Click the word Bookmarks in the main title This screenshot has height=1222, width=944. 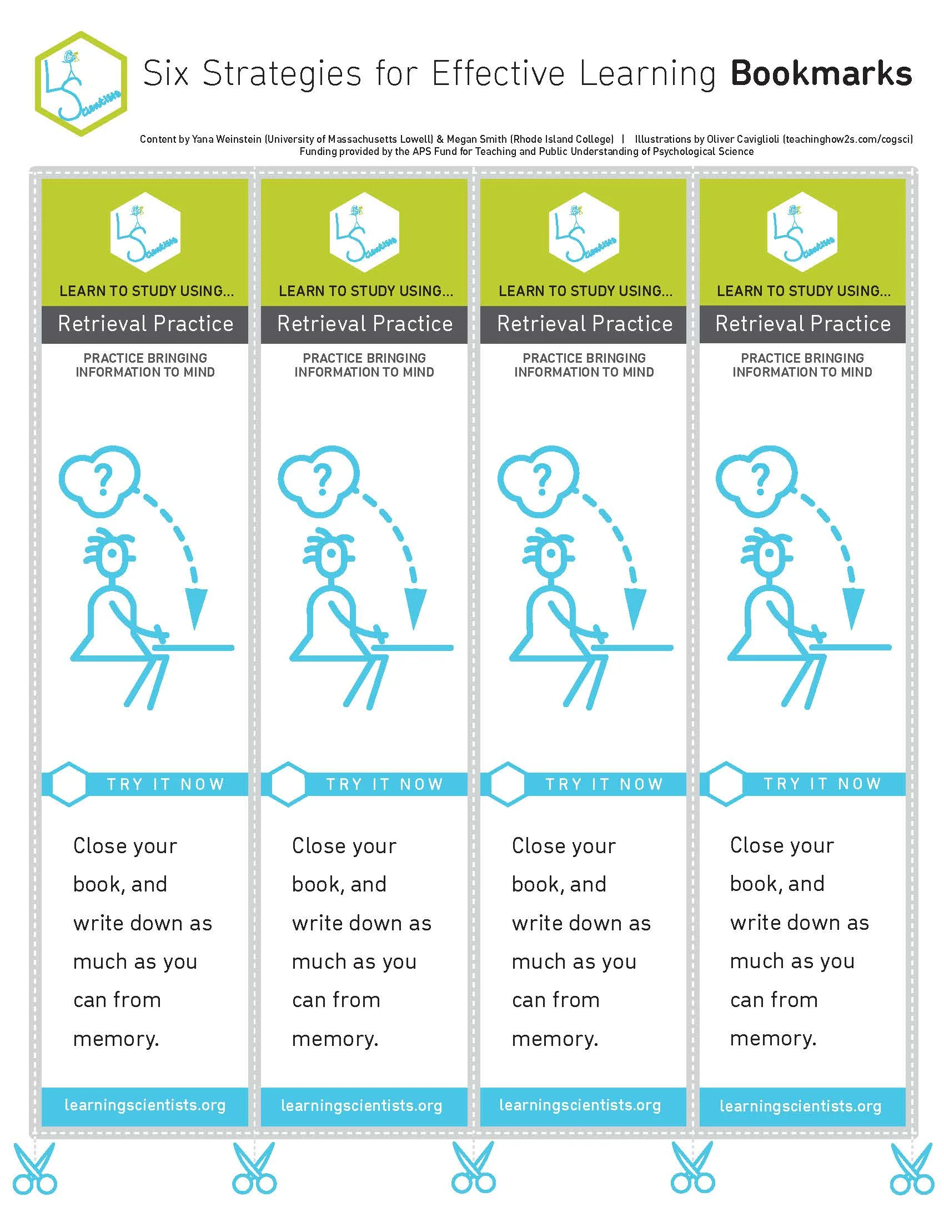click(x=821, y=74)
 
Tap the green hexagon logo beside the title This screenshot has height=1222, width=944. click(x=81, y=84)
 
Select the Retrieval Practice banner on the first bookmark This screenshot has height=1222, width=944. click(x=145, y=324)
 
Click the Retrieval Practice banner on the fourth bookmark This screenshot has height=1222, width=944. click(x=802, y=324)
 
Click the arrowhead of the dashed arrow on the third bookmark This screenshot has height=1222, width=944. click(x=634, y=609)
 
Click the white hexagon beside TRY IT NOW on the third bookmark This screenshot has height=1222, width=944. click(x=507, y=784)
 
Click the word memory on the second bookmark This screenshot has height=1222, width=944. click(x=334, y=1039)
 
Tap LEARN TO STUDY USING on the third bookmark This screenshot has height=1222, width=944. click(x=585, y=291)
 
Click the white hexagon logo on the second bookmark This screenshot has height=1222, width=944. click(x=365, y=232)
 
